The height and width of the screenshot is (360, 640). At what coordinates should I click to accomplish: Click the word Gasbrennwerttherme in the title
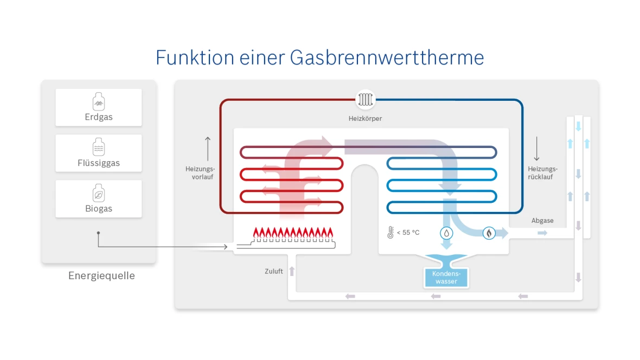click(x=387, y=57)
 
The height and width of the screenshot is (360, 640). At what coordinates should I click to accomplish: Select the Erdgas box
click(x=99, y=107)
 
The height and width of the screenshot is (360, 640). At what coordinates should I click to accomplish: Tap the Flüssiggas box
click(x=99, y=153)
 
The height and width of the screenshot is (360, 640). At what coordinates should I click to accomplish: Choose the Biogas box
click(x=99, y=199)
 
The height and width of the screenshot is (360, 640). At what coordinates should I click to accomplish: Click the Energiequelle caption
click(x=101, y=276)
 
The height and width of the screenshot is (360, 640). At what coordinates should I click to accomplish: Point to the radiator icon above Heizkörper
click(x=365, y=100)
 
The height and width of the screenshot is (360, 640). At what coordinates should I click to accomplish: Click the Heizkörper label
click(x=365, y=118)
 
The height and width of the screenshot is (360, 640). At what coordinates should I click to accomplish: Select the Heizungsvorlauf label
click(x=201, y=173)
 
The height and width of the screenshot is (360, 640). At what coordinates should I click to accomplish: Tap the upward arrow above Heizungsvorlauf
click(x=208, y=148)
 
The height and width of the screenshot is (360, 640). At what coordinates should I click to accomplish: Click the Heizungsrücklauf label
click(x=542, y=173)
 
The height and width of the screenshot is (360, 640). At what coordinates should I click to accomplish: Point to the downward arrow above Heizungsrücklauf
click(x=536, y=148)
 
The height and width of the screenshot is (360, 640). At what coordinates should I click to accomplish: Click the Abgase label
click(x=542, y=221)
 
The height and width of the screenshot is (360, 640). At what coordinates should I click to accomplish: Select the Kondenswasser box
click(x=446, y=278)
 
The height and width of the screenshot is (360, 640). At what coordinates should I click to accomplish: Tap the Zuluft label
click(x=274, y=271)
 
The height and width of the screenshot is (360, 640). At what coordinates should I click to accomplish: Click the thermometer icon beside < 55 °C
click(x=390, y=233)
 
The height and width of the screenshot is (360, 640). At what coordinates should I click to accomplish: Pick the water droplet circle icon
click(x=446, y=233)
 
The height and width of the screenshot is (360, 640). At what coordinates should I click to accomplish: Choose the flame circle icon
click(x=489, y=233)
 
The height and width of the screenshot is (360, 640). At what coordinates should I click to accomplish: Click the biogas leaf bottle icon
click(x=99, y=192)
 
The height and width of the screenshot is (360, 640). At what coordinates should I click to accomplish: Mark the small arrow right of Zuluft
click(x=292, y=271)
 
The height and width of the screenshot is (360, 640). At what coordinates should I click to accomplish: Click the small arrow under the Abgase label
click(x=542, y=233)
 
